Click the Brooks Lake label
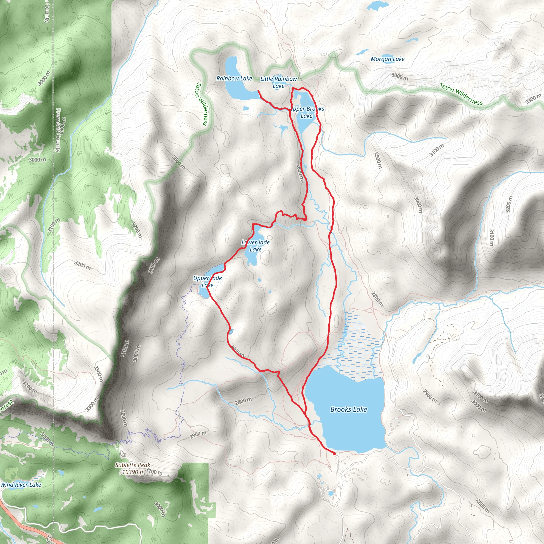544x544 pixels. coord(348,409)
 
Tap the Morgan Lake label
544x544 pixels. coord(388,59)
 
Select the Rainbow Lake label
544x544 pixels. coord(234,79)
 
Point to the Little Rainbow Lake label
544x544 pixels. coord(278,82)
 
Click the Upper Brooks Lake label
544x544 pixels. coord(307,112)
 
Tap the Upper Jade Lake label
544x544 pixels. coord(207,281)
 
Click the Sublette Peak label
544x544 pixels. coord(132,465)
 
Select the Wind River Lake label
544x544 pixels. coord(21,484)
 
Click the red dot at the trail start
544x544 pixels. coord(334,454)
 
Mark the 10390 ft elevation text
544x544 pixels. coord(133,472)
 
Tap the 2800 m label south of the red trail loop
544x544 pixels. coord(244,401)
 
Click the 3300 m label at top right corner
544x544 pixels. coord(533,99)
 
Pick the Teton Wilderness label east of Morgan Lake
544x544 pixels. coord(461,94)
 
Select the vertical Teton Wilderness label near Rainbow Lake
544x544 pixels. coord(202,104)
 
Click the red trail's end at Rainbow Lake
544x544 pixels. coord(258,91)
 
